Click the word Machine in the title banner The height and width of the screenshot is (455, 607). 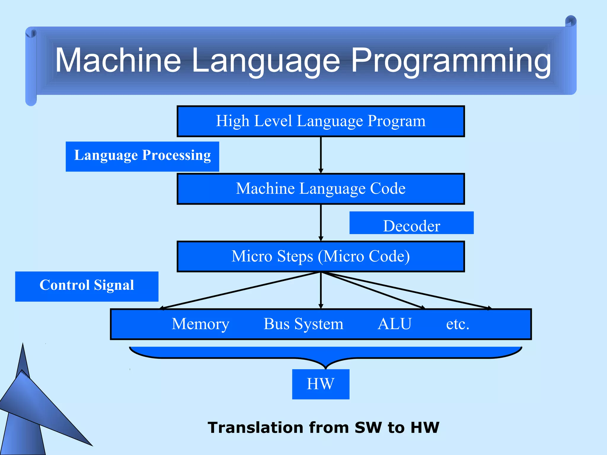(x=118, y=60)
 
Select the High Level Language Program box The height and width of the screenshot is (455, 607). (x=321, y=121)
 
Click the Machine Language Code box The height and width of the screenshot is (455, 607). (x=321, y=189)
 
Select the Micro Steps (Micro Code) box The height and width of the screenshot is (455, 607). (x=321, y=257)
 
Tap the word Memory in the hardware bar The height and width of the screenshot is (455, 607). (x=200, y=324)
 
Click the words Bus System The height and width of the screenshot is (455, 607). (x=303, y=324)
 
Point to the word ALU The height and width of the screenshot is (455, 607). (x=394, y=324)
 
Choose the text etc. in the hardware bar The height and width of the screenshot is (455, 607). (x=457, y=324)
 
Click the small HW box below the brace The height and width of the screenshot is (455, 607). (x=321, y=384)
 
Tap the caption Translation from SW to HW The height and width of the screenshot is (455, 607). (x=323, y=427)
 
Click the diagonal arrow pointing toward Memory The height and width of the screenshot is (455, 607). (x=240, y=290)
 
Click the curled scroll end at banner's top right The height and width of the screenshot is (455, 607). (x=571, y=21)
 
